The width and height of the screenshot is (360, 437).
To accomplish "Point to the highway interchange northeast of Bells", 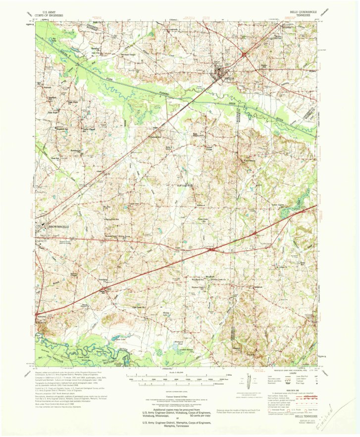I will point(244,55).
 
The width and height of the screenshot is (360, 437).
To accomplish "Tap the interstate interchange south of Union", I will point(211,250).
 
